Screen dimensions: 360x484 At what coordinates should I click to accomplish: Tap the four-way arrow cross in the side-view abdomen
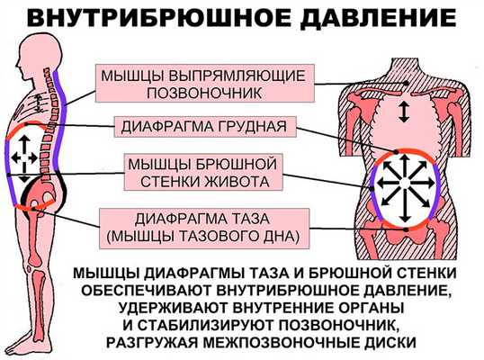[x=26, y=158]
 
